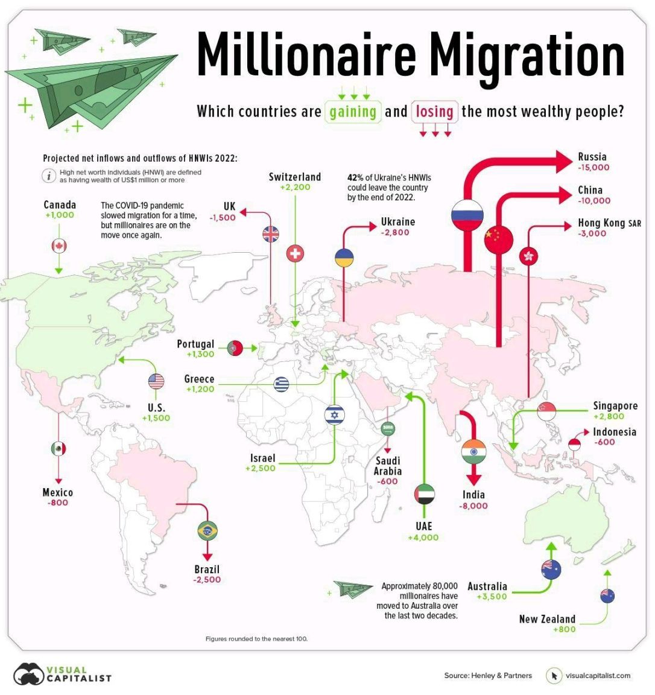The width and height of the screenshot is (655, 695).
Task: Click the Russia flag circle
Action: [x=467, y=215]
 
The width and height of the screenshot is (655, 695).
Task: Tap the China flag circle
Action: [x=498, y=239]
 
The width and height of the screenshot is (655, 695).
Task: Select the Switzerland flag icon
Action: [x=295, y=253]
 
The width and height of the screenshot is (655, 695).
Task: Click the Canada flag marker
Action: [x=59, y=246]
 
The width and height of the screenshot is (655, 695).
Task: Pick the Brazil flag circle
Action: [x=207, y=531]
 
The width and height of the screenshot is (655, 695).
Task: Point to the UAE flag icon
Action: [x=425, y=494]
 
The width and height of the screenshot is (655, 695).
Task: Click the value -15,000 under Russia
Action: [x=593, y=168]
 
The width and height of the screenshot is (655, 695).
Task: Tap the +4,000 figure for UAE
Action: [x=423, y=538]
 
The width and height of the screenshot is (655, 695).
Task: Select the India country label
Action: [x=473, y=495]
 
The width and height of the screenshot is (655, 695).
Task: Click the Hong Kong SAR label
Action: [x=609, y=223]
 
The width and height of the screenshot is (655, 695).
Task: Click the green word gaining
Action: [x=353, y=112]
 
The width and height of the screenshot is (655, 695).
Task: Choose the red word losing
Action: [x=434, y=112]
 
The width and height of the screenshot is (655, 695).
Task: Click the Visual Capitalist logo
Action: [x=63, y=674]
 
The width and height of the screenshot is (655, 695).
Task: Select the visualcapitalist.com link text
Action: [x=598, y=676]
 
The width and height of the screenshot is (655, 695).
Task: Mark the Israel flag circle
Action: [x=334, y=414]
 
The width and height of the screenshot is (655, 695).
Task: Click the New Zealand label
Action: [x=547, y=619]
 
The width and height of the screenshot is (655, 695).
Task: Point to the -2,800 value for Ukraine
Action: [x=395, y=232]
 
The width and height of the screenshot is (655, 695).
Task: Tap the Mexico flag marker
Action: [x=59, y=449]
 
